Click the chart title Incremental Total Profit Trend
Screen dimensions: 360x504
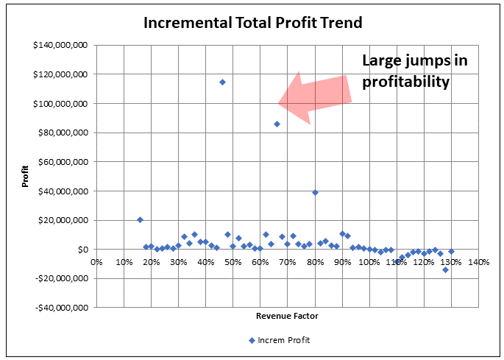252,22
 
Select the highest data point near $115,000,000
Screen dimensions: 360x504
222,82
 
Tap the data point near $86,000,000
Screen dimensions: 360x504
277,124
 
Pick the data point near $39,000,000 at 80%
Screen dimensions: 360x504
315,192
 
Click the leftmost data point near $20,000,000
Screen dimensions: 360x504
140,219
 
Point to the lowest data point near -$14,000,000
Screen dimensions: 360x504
445,269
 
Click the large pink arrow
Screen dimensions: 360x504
312,96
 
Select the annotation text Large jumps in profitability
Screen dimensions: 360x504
414,71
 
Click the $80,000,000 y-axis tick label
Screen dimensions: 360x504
63,133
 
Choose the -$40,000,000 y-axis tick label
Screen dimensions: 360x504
60,308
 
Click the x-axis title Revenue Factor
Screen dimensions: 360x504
287,316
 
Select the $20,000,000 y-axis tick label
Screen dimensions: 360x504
63,220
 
